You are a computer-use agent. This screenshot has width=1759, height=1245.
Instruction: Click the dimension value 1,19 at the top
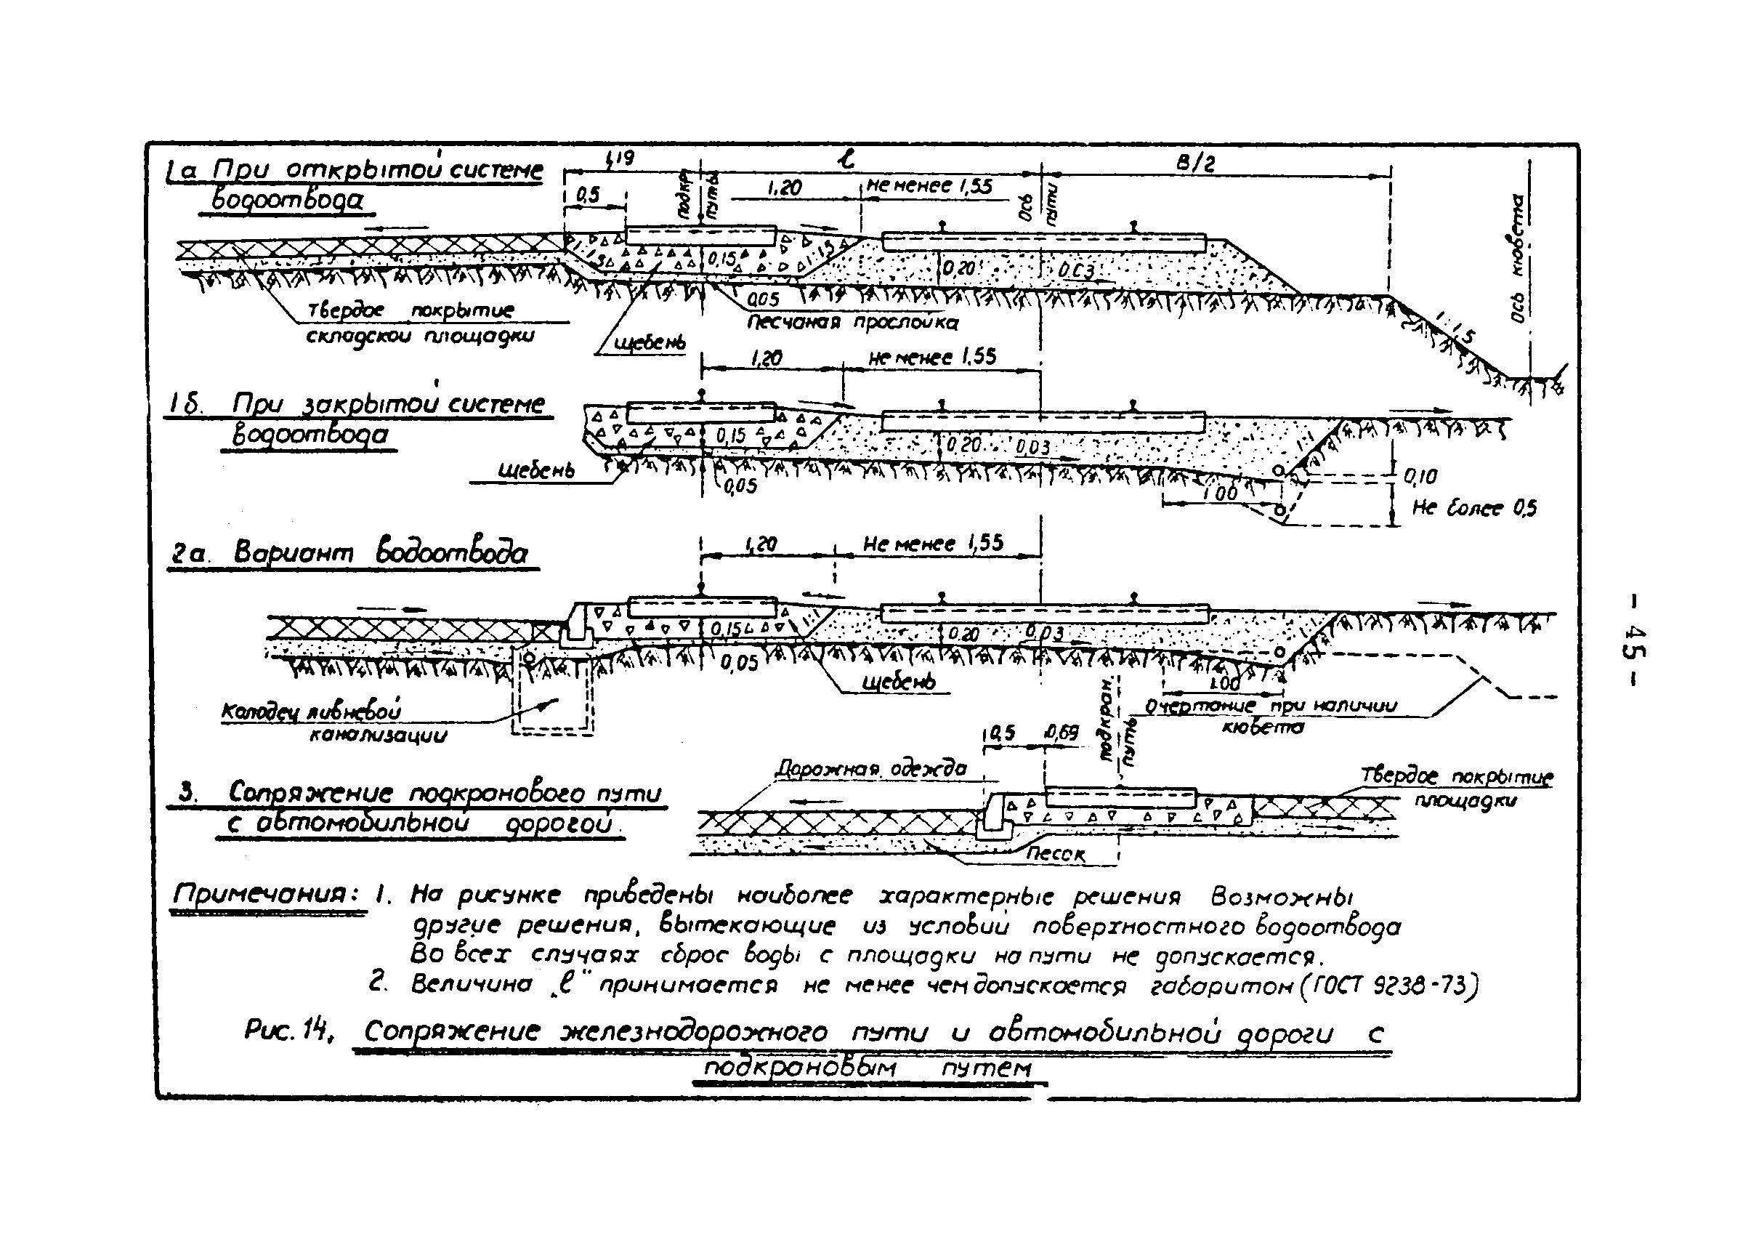[x=619, y=159]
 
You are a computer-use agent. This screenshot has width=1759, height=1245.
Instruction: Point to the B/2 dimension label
[x=1196, y=163]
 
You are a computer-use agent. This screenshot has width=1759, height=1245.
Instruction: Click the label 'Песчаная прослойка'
[x=852, y=322]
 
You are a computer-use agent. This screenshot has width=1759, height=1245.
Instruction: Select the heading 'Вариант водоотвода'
[x=380, y=553]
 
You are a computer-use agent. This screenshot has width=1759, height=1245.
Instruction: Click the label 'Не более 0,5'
[x=1474, y=508]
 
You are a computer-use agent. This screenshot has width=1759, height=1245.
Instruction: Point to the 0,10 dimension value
[x=1420, y=477]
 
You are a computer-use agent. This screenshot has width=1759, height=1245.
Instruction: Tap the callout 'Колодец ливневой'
[x=311, y=712]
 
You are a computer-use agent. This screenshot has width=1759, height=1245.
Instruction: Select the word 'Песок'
[x=1056, y=854]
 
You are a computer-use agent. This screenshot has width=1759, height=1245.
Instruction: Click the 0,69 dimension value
[x=1062, y=733]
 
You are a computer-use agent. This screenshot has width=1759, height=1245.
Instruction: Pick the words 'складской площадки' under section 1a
[x=420, y=336]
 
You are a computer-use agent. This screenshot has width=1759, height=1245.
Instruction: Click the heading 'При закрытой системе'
[x=389, y=404]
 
